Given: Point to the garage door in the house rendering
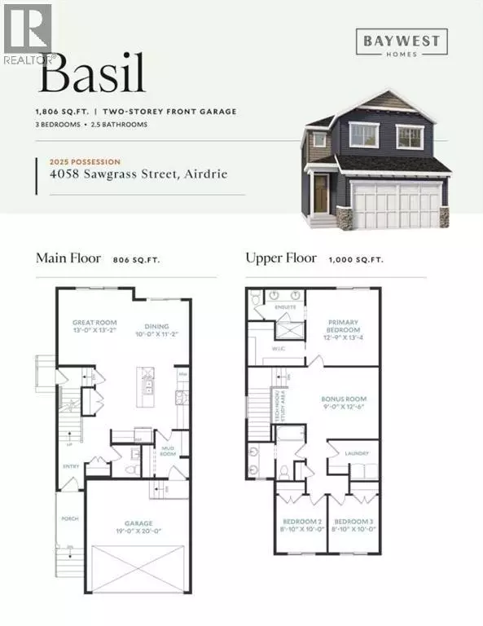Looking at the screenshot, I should (394, 205).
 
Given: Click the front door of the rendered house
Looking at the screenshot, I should (321, 194).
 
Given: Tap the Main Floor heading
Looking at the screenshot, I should (68, 258).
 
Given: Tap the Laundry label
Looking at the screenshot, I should (357, 453).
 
